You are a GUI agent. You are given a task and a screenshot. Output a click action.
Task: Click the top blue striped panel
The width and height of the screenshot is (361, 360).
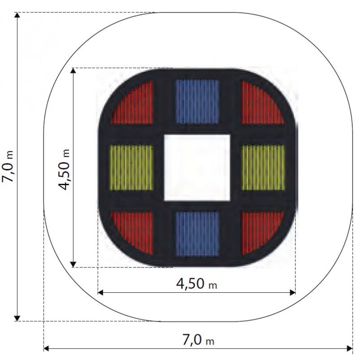tap(197, 102)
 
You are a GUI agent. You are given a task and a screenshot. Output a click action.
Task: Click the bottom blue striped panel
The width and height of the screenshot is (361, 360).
tap(197, 234)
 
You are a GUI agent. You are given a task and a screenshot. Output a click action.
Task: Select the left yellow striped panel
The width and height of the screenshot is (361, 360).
tap(131, 168)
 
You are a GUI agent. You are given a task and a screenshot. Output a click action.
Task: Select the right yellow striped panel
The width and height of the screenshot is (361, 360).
tap(263, 168)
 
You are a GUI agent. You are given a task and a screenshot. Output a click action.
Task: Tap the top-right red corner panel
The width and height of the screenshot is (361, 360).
tap(259, 106)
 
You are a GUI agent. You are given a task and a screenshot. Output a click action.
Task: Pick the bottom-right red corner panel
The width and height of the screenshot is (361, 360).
tap(259, 230)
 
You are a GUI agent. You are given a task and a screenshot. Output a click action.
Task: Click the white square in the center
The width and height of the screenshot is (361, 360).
tap(197, 168)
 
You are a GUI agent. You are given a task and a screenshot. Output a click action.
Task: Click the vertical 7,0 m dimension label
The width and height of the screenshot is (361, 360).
tap(7, 166)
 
